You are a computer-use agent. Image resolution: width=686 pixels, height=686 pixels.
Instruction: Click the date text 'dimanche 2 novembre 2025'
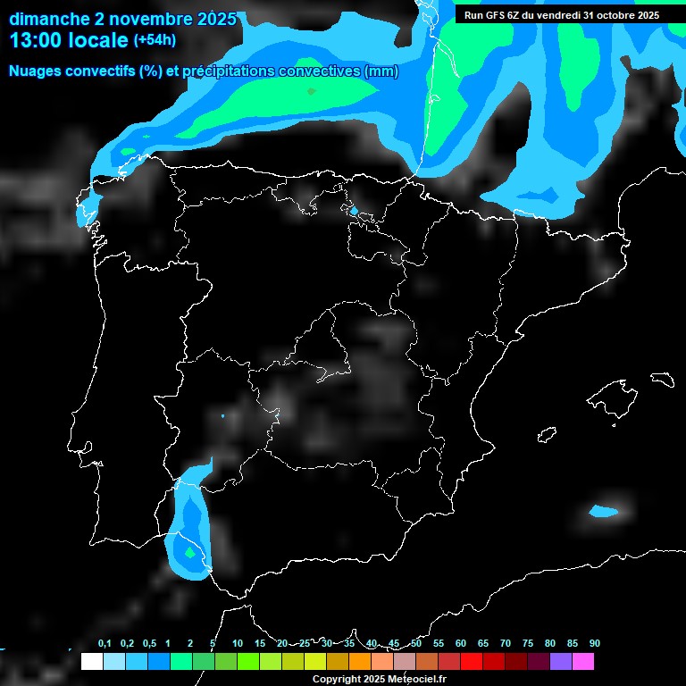pyautogui.click(x=122, y=19)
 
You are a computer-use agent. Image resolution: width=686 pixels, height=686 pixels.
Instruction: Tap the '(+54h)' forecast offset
pyautogui.click(x=155, y=40)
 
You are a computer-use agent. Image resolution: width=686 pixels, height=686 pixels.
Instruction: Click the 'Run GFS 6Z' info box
pyautogui.click(x=557, y=14)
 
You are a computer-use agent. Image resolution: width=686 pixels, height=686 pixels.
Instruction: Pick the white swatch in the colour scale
pyautogui.click(x=91, y=662)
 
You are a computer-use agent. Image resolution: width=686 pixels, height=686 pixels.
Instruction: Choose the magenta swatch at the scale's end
pyautogui.click(x=583, y=662)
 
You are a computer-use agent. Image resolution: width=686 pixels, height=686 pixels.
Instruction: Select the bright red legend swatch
pyautogui.click(x=471, y=662)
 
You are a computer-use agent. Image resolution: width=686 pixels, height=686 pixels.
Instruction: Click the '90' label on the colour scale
pyautogui.click(x=595, y=644)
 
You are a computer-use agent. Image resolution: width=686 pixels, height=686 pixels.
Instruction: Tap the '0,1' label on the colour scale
pyautogui.click(x=105, y=644)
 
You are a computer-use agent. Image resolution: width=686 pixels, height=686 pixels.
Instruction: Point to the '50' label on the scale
pyautogui.click(x=416, y=644)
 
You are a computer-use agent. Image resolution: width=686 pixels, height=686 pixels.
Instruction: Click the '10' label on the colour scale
pyautogui.click(x=238, y=644)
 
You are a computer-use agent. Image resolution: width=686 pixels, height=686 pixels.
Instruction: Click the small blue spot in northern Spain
pyautogui.click(x=354, y=212)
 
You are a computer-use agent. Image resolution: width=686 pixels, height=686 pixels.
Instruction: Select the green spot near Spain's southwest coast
pyautogui.click(x=189, y=553)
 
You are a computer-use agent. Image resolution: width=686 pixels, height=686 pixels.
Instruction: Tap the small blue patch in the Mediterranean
pyautogui.click(x=604, y=512)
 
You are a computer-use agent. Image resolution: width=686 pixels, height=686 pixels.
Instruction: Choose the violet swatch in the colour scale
pyautogui.click(x=561, y=662)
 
